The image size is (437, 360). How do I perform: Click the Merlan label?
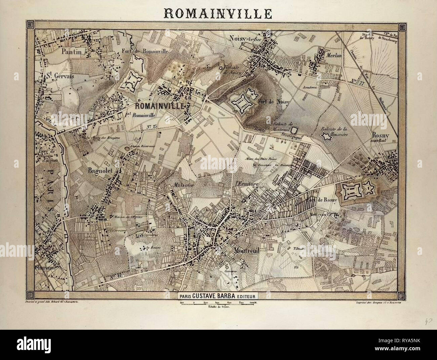334,55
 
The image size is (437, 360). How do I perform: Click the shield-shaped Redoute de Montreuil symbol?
295,130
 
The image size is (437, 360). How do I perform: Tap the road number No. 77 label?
353,81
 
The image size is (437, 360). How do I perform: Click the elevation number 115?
296,267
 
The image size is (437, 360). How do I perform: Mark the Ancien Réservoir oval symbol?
127,148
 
